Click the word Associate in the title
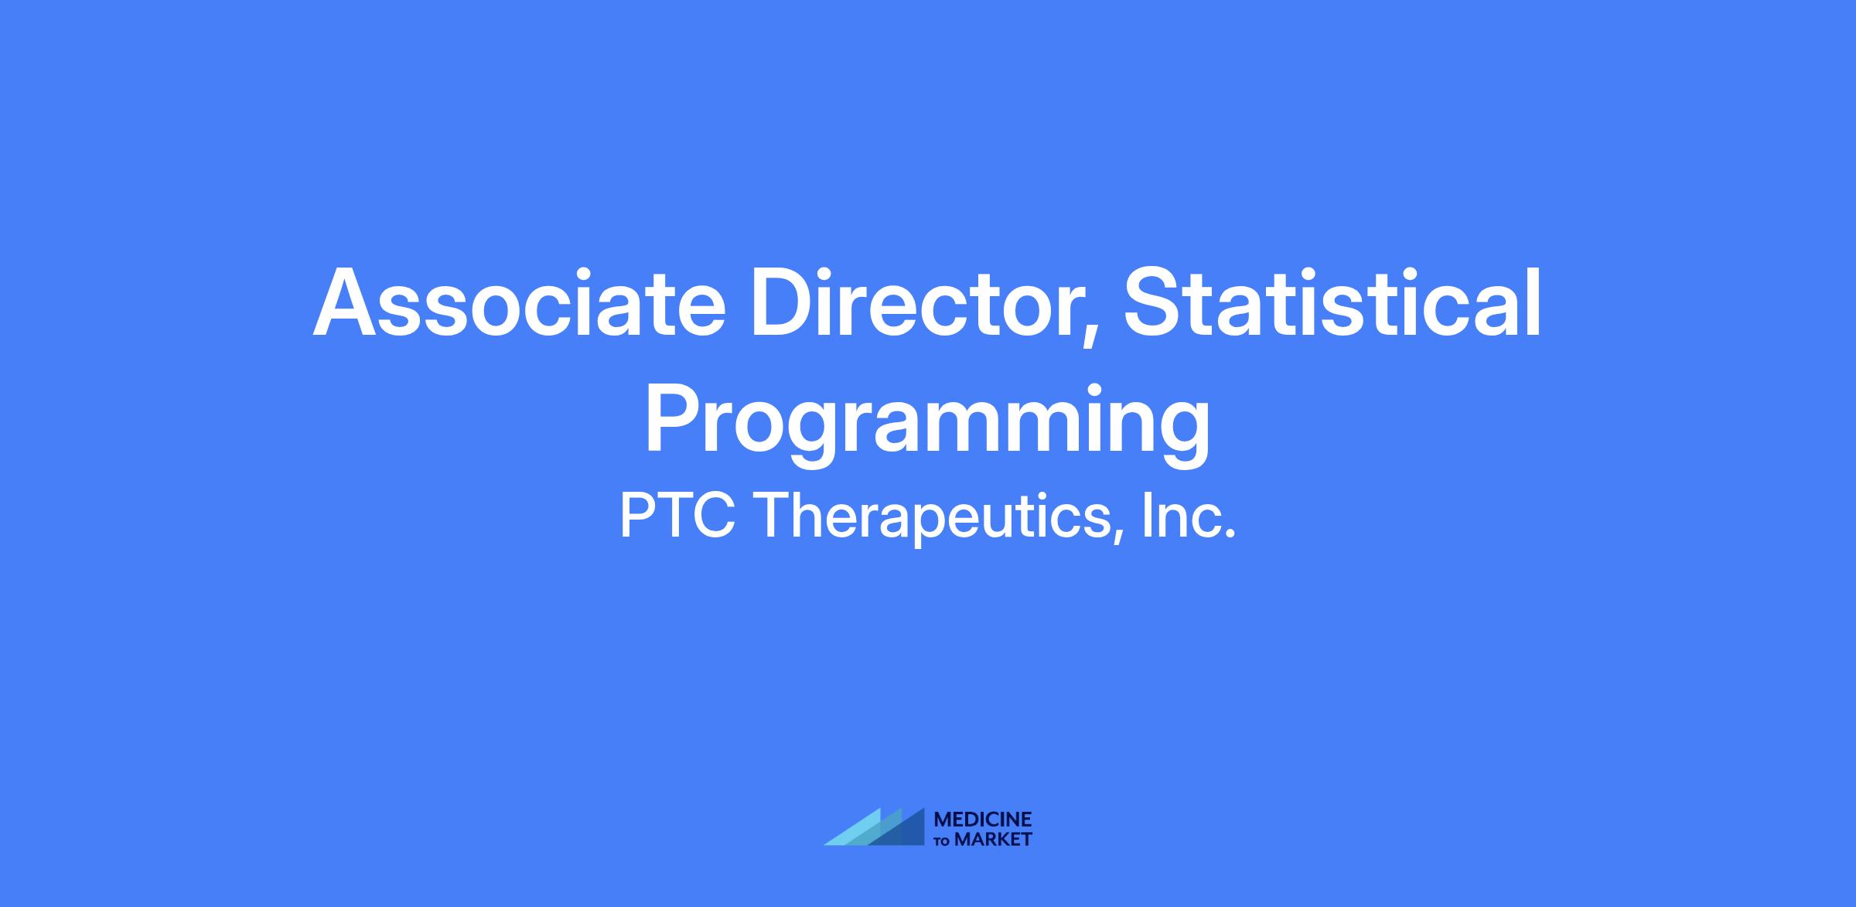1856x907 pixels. coord(519,303)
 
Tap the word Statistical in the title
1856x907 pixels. coord(1332,303)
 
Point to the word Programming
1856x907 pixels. coord(927,421)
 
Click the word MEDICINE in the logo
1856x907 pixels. coord(983,820)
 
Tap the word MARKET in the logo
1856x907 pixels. coord(994,840)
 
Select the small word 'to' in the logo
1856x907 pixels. coord(943,841)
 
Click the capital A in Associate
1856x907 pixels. coord(348,303)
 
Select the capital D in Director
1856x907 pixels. coord(785,303)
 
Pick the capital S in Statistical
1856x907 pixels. coord(1154,303)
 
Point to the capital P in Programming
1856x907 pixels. coord(674,418)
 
